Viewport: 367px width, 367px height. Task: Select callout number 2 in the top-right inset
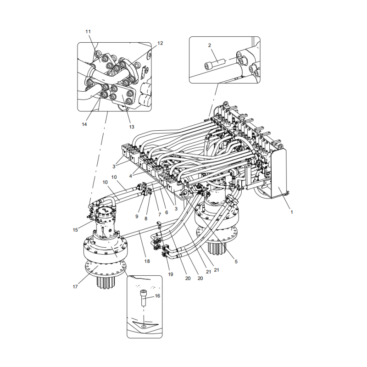[x=209, y=45]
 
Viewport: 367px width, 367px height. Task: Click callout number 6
[x=166, y=212]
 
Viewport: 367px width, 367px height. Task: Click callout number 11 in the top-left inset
[x=88, y=31]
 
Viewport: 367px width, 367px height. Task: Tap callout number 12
[x=160, y=43]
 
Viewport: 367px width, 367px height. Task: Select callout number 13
[x=131, y=127]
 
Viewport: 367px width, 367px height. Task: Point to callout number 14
[x=84, y=124]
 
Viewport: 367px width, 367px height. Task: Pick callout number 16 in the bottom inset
[x=157, y=296]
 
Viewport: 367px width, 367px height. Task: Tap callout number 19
[x=171, y=274]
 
